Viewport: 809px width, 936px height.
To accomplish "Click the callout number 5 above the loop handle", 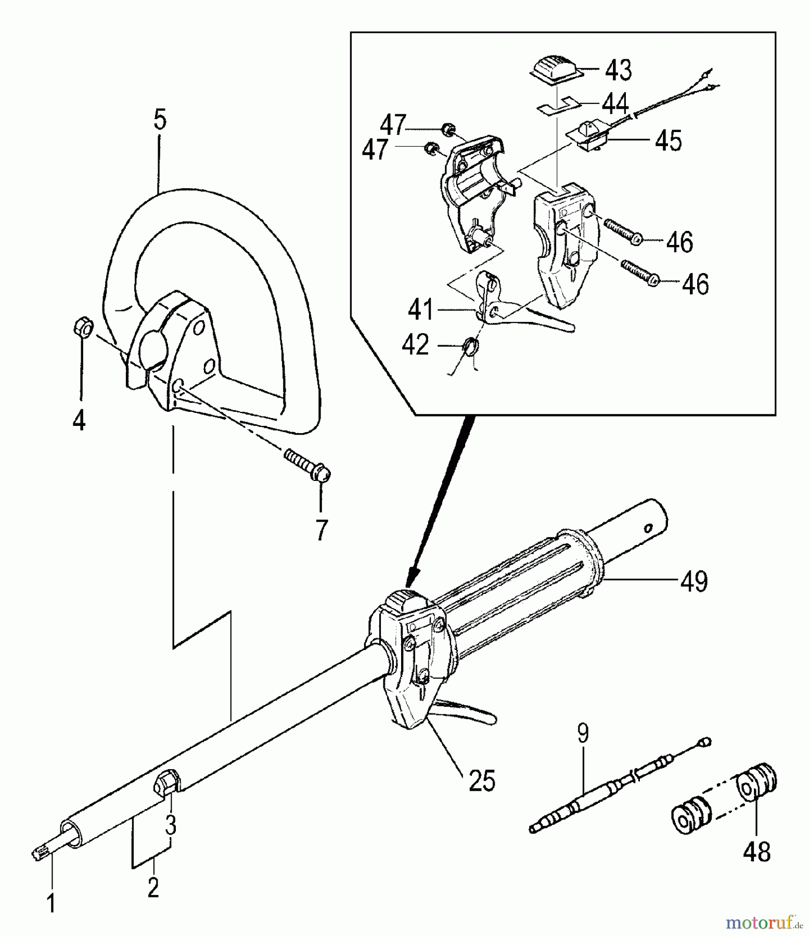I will coord(160,120).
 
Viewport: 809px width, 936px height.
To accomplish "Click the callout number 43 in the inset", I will coord(619,70).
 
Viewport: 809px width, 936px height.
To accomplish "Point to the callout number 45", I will coord(669,140).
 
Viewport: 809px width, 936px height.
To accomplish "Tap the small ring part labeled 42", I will coord(469,346).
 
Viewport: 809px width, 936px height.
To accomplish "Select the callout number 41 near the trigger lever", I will coord(421,310).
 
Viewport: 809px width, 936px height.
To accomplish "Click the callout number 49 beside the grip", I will coord(694,581).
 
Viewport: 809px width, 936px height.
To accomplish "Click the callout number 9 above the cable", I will coord(583,734).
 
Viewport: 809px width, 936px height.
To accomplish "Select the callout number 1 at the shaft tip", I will coord(51,904).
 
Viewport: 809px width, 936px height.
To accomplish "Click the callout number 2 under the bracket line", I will coord(152,887).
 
